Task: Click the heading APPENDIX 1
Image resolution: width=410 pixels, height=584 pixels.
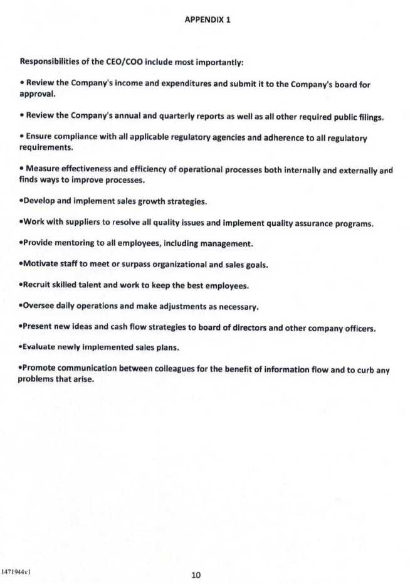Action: click(x=208, y=19)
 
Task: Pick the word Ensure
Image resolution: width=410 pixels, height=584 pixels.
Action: click(x=39, y=137)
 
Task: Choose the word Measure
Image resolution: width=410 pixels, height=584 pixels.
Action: click(x=43, y=170)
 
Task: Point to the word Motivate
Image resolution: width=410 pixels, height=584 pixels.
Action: click(x=41, y=265)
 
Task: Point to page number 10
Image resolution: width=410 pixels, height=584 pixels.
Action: click(x=196, y=575)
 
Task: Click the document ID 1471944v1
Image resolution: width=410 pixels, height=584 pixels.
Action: click(x=17, y=572)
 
